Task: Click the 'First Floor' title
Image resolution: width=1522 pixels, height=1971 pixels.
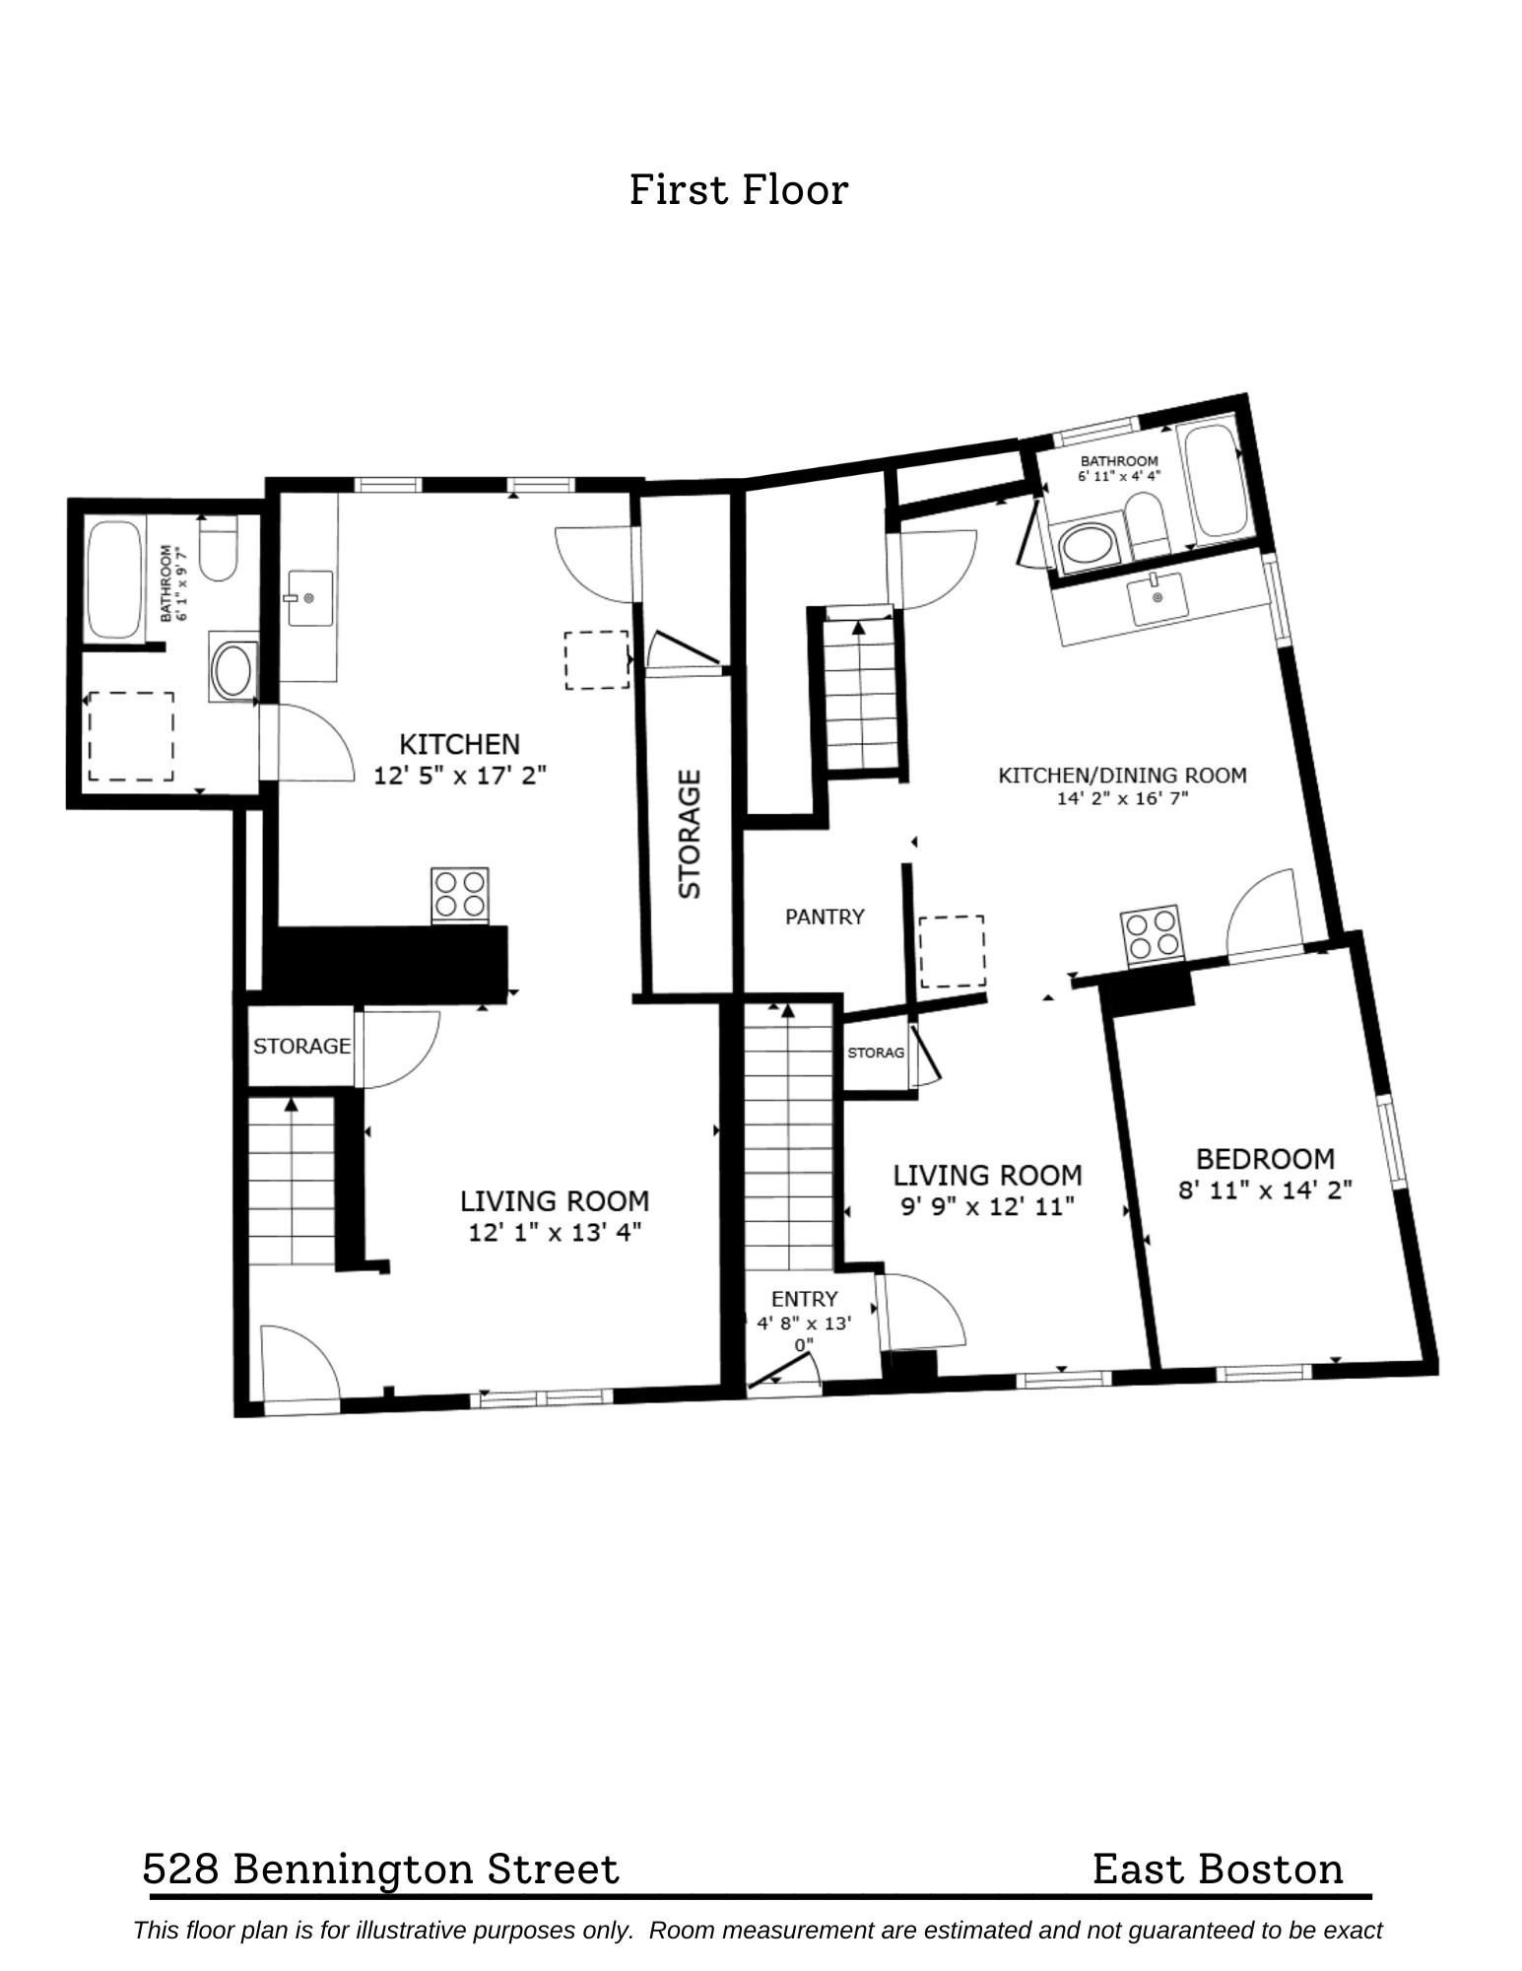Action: [738, 189]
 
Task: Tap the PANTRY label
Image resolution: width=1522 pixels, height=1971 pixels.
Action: [825, 917]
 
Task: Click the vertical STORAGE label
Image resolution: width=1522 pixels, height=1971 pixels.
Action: [690, 834]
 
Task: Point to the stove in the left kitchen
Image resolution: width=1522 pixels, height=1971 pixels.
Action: [460, 894]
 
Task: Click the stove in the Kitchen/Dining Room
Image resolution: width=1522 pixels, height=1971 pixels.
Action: [1151, 932]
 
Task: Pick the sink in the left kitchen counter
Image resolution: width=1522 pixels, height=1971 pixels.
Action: [308, 597]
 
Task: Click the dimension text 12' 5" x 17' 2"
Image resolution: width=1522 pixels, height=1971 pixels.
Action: [459, 776]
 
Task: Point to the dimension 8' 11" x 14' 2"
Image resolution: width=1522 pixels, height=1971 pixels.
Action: [1265, 1189]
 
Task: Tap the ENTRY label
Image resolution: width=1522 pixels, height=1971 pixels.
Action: [804, 1299]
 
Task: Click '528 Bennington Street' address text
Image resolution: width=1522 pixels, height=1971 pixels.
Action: [381, 1869]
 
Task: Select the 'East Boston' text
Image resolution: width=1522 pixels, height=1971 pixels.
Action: [1218, 1869]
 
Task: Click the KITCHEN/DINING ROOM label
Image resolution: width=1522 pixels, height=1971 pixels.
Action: [1122, 775]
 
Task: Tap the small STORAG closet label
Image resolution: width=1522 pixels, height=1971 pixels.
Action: [876, 1053]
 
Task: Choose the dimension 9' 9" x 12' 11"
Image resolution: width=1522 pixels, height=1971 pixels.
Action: [987, 1205]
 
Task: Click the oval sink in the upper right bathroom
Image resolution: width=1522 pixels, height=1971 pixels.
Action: [1085, 546]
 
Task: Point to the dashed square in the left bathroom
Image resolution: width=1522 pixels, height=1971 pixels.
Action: [131, 736]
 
